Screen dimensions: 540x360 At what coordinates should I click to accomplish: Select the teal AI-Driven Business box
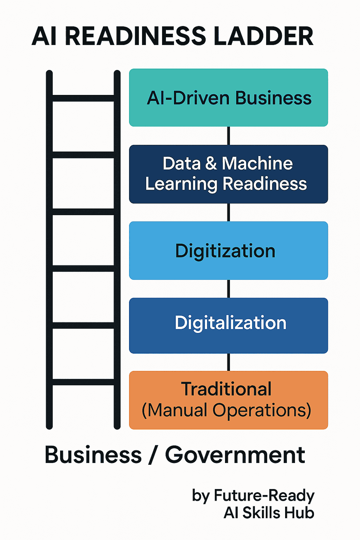(229, 98)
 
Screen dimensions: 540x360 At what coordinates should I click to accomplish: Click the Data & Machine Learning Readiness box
(229, 174)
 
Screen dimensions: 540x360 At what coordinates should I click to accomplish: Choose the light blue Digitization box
(229, 251)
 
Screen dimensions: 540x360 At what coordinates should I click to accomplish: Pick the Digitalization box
(229, 326)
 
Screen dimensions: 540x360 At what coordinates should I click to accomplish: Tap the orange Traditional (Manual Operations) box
(229, 400)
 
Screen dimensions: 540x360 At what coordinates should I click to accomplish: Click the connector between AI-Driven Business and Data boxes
(229, 136)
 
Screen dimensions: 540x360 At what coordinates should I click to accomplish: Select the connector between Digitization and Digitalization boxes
(229, 289)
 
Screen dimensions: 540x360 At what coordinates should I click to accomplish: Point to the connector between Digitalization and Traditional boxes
(229, 362)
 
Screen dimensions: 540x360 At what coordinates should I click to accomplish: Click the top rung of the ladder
(83, 98)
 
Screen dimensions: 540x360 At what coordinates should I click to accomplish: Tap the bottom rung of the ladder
(83, 382)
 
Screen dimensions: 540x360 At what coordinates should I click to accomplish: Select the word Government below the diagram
(235, 455)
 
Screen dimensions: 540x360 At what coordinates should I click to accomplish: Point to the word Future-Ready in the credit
(264, 496)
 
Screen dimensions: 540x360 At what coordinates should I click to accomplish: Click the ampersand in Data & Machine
(211, 163)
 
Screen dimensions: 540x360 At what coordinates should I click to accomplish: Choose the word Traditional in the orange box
(226, 389)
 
